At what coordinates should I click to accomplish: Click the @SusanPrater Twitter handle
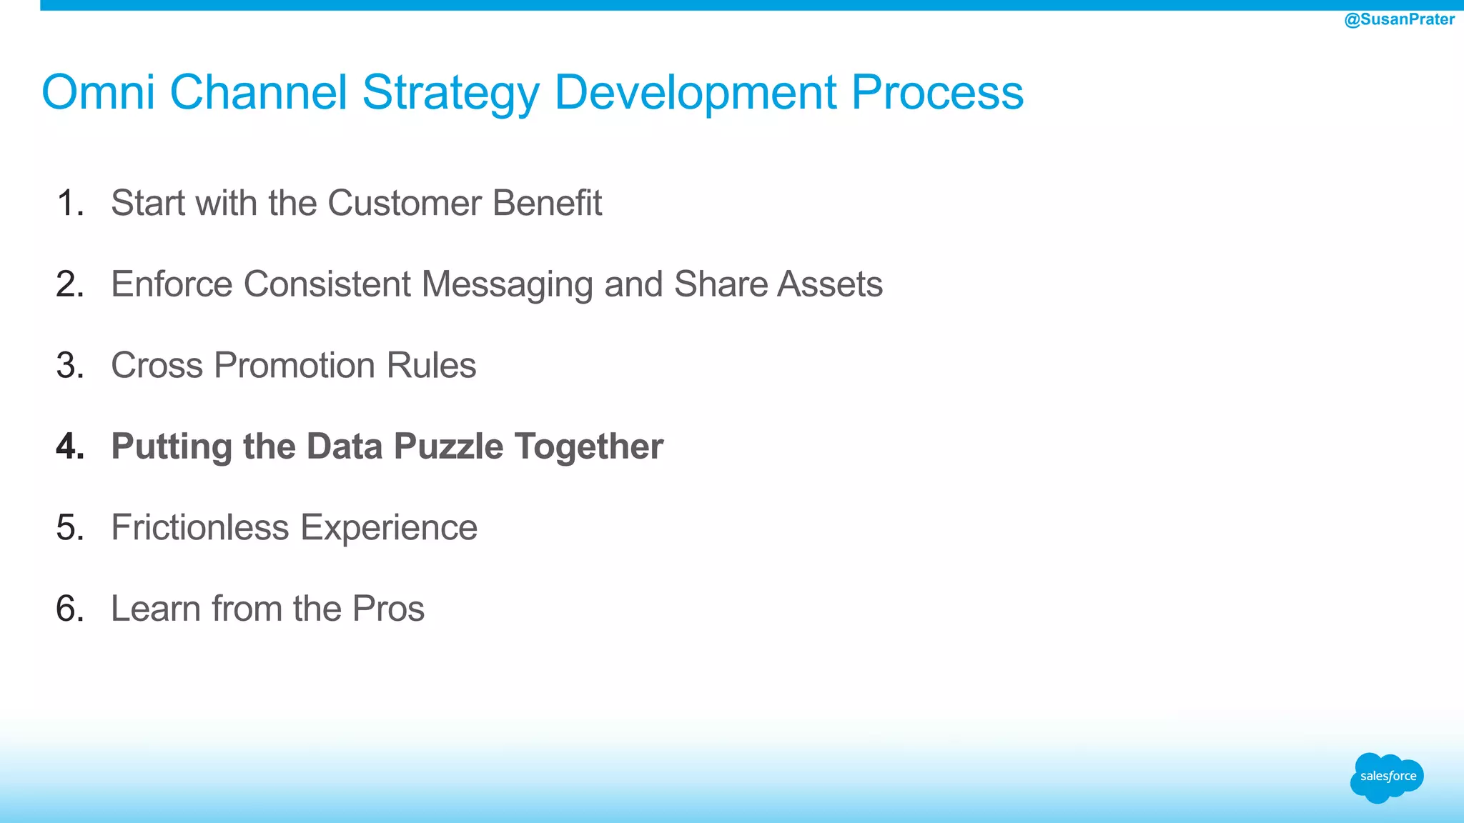(1399, 19)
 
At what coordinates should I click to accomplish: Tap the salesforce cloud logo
(1387, 777)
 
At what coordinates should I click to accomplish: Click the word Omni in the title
(98, 92)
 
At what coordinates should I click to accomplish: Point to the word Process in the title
(937, 92)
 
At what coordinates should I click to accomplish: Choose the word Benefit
(547, 203)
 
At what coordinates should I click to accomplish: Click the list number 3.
(69, 366)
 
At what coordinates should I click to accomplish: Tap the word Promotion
(295, 366)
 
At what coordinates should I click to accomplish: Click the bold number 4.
(70, 447)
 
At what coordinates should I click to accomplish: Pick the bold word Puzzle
(448, 447)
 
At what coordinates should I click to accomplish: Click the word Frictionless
(200, 528)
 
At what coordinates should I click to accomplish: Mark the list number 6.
(69, 609)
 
